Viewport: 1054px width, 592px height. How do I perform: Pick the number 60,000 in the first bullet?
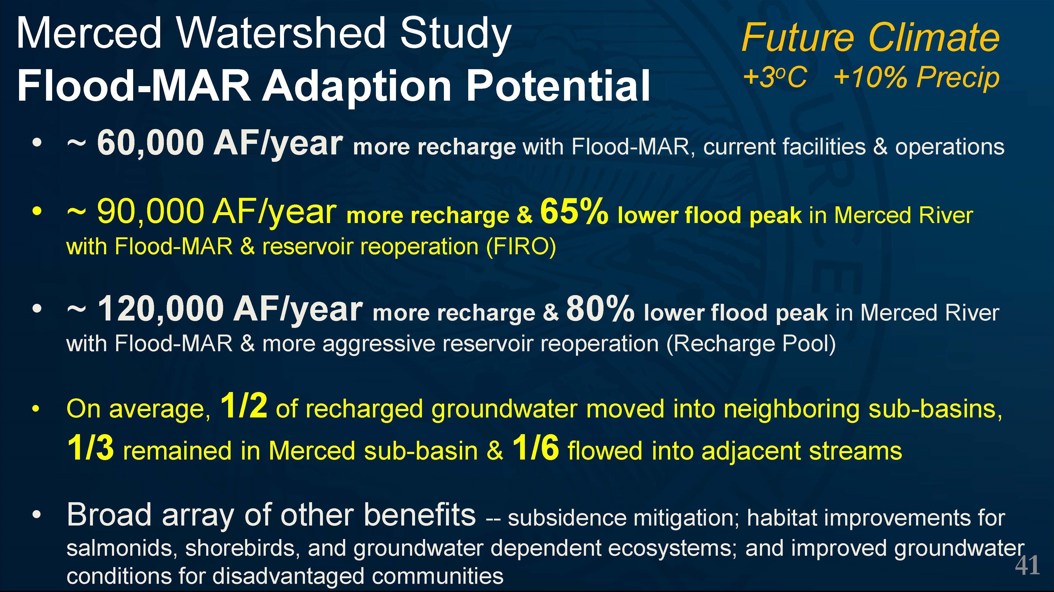coord(150,143)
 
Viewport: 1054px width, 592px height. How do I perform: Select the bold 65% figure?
coord(574,211)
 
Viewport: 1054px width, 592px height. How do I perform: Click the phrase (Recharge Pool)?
coord(751,344)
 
